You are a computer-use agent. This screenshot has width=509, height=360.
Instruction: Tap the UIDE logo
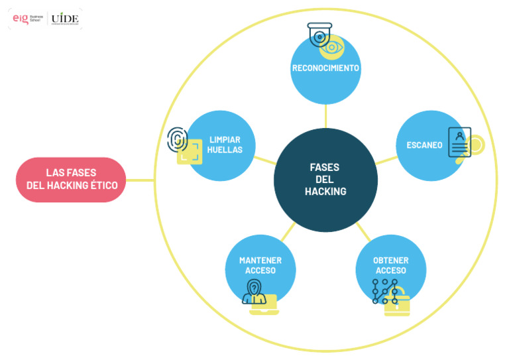65,19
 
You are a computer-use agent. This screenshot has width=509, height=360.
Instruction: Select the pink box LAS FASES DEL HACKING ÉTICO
72,180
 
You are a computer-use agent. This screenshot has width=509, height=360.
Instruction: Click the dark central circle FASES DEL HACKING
325,180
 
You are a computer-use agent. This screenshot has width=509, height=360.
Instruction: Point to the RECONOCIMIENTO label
325,68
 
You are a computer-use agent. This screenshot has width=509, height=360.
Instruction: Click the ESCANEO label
424,145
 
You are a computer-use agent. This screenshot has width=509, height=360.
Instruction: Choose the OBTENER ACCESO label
390,265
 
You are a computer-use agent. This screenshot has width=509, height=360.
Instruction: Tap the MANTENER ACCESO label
260,265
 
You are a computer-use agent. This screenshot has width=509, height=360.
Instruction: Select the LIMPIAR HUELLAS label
224,145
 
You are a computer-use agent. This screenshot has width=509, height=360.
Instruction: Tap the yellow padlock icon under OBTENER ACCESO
397,304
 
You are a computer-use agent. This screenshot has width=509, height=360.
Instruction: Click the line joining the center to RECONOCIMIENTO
325,115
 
